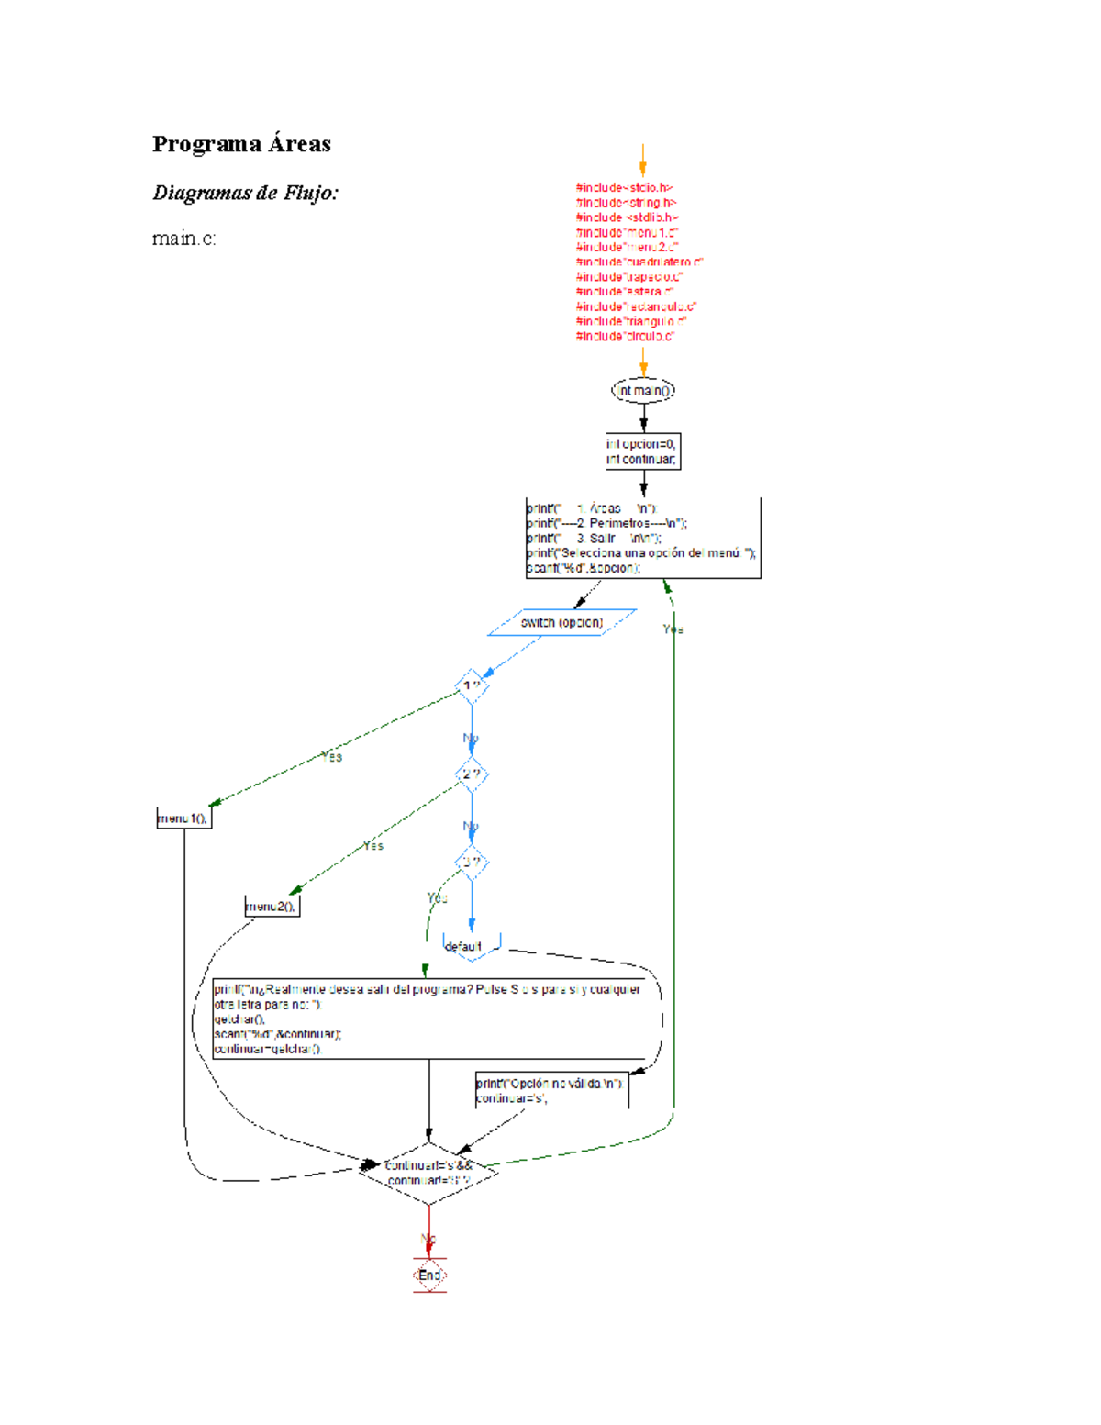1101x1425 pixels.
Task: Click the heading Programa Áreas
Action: tap(241, 144)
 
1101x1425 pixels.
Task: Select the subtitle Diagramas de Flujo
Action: tap(245, 193)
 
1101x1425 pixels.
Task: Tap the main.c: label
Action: tap(183, 239)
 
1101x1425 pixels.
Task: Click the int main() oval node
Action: tap(643, 391)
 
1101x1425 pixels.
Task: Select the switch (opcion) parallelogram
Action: tap(562, 623)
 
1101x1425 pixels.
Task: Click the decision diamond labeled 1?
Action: tap(472, 686)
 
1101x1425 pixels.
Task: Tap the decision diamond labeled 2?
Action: tap(472, 774)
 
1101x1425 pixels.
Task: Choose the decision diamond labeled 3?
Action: tap(472, 863)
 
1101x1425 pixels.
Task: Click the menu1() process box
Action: tap(183, 818)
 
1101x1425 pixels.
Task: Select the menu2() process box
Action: tap(272, 907)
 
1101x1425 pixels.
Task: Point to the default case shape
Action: tap(471, 946)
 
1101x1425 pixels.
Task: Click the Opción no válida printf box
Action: tap(551, 1090)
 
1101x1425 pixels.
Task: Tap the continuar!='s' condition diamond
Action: tap(428, 1173)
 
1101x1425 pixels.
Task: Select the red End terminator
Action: tap(429, 1275)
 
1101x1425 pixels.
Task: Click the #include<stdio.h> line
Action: tap(625, 188)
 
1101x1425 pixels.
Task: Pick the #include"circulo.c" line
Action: tap(625, 337)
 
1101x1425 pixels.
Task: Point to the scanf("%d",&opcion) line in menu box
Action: tap(584, 569)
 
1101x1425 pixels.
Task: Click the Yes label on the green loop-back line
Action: tap(673, 629)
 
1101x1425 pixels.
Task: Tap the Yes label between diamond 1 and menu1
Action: tap(331, 757)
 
